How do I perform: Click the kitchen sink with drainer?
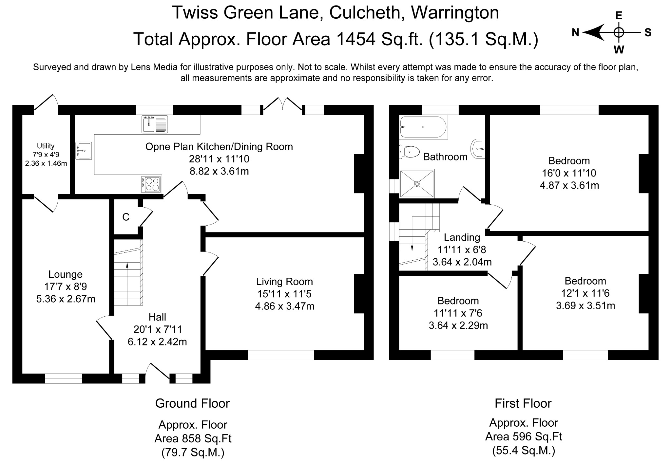pyautogui.click(x=154, y=124)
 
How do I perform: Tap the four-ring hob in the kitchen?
pyautogui.click(x=151, y=184)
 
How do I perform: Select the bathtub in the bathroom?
pyautogui.click(x=423, y=127)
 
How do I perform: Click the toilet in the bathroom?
pyautogui.click(x=410, y=152)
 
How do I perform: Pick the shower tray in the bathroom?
pyautogui.click(x=417, y=184)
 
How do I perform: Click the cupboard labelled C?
pyautogui.click(x=126, y=217)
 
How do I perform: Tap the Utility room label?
pyautogui.click(x=46, y=146)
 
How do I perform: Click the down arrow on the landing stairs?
pyautogui.click(x=412, y=248)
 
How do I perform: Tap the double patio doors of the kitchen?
pyautogui.click(x=282, y=104)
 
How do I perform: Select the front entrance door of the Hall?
pyautogui.click(x=158, y=372)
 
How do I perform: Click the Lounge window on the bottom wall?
pyautogui.click(x=64, y=379)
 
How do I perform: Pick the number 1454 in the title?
pyautogui.click(x=355, y=39)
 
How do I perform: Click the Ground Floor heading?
pyautogui.click(x=192, y=403)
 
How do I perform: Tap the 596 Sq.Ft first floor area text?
pyautogui.click(x=523, y=436)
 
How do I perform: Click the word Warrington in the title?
pyautogui.click(x=455, y=13)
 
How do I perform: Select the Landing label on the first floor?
pyautogui.click(x=462, y=237)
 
